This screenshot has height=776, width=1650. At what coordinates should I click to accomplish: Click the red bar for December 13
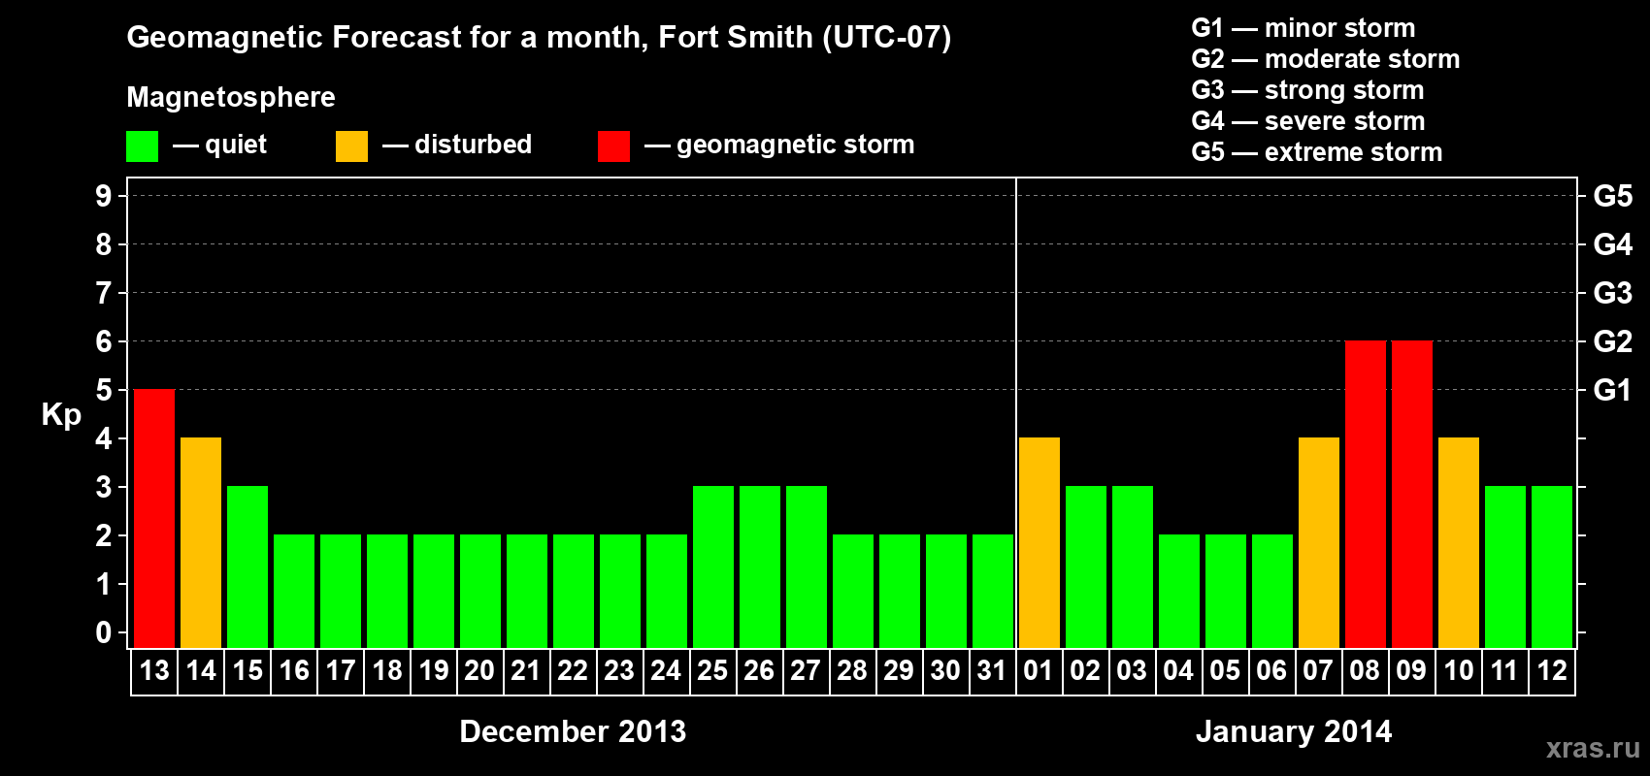coord(154,518)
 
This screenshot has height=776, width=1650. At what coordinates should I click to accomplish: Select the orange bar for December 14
coord(201,542)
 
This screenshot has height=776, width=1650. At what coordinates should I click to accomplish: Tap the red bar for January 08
coord(1366,494)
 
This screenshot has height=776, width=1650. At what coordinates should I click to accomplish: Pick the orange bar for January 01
coord(1039,542)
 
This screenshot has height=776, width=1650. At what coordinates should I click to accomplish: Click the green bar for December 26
coord(760,566)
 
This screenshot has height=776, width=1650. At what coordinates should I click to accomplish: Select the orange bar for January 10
coord(1459,542)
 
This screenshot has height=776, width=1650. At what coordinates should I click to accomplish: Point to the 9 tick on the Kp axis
coord(104,196)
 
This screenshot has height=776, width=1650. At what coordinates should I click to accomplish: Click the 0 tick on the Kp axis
coord(104,632)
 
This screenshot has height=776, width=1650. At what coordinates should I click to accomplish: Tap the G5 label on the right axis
coord(1612,196)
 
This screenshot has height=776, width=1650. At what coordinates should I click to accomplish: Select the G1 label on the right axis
coord(1612,390)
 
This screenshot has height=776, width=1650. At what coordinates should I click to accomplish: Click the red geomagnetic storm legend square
coord(613,146)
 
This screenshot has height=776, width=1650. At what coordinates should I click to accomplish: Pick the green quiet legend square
coord(143,146)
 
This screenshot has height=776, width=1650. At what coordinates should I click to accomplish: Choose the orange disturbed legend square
coord(351,146)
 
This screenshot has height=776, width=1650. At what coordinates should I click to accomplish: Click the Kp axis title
coord(61,414)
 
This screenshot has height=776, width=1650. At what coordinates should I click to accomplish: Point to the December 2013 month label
coord(573,731)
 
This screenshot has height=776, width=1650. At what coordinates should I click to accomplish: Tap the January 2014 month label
coord(1294,731)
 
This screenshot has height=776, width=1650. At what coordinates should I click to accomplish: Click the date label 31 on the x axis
coord(992,670)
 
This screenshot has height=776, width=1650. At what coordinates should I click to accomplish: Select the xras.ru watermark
coord(1593,748)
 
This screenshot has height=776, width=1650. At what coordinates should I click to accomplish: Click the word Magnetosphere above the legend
coord(231,97)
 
